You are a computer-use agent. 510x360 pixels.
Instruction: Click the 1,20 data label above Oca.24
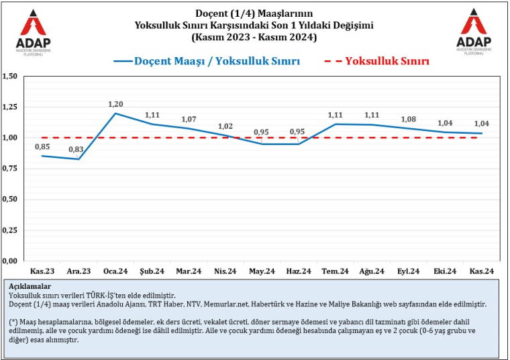click(x=116, y=104)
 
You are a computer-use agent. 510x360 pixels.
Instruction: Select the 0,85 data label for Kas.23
click(x=42, y=146)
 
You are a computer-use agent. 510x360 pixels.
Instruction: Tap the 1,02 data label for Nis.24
click(x=226, y=126)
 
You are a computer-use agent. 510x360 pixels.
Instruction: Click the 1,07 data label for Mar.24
click(x=190, y=120)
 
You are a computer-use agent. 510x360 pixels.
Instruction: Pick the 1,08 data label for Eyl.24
click(x=408, y=119)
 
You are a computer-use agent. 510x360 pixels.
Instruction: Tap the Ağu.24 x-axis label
click(x=372, y=271)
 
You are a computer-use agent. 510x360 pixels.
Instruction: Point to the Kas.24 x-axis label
click(x=481, y=271)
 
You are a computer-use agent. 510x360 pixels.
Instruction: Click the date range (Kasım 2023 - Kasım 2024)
click(x=254, y=37)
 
